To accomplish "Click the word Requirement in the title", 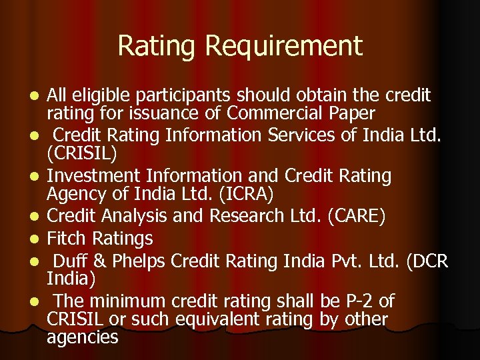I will tap(284, 46).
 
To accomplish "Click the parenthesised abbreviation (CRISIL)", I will tap(82, 154).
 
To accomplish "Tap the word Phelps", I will tap(133, 259).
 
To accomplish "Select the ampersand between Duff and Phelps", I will tap(93, 259).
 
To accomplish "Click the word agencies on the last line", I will tap(83, 337).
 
